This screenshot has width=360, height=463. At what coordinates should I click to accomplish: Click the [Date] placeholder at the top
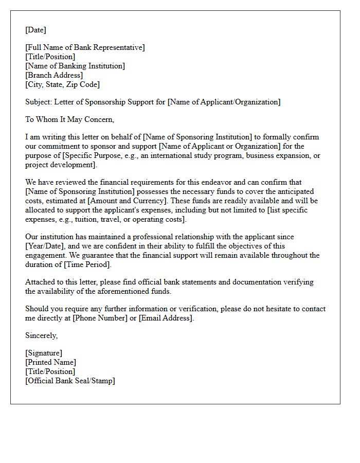pos(35,30)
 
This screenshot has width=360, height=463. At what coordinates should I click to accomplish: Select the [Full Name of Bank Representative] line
pos(85,47)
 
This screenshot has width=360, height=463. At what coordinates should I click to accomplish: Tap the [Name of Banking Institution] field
pos(75,66)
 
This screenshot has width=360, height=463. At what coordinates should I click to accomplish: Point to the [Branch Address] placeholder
pos(54,75)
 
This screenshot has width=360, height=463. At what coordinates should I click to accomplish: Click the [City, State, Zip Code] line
pos(62,84)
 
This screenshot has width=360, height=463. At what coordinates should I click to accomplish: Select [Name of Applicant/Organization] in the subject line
pos(224,102)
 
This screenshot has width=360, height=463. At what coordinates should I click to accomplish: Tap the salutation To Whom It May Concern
pos(69,119)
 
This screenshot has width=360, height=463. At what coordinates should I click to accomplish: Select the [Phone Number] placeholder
pos(100,318)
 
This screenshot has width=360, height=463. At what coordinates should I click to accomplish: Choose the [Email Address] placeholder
pos(166,318)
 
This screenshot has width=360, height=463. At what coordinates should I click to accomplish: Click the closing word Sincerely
pos(41,335)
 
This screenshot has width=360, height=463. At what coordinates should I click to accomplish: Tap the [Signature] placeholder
pos(44,353)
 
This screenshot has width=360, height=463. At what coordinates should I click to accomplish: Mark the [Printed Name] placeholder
pos(50,362)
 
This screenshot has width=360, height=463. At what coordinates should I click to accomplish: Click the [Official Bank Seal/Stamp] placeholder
pos(70,381)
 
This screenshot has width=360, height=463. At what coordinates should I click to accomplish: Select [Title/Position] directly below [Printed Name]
pos(50,371)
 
